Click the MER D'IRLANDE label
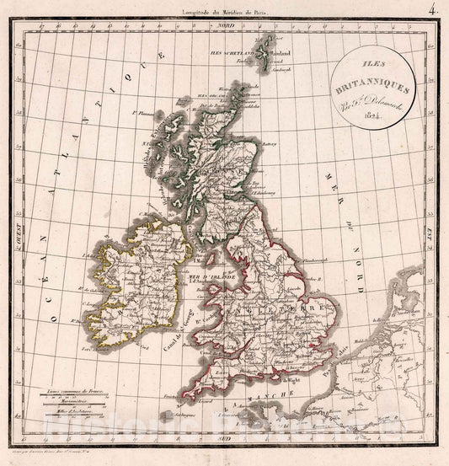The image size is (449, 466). click(x=207, y=276)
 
